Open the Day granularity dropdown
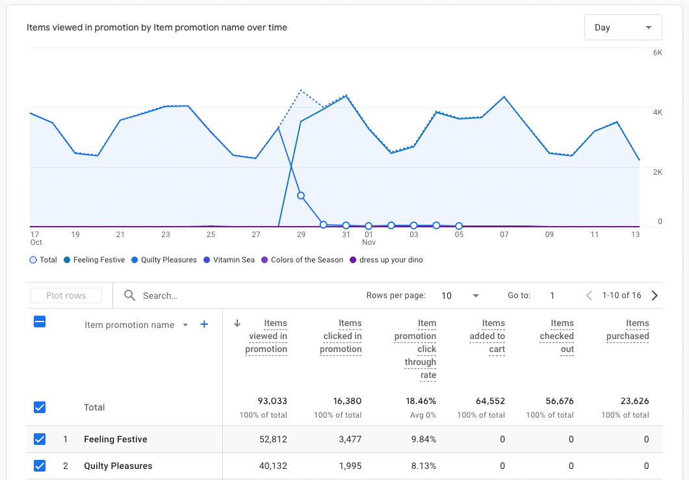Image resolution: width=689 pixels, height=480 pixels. tap(623, 27)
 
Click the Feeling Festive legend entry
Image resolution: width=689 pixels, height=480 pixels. tap(98, 260)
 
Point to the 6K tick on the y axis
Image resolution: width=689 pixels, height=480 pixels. tap(657, 53)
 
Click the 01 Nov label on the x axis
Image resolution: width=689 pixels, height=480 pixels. tap(369, 238)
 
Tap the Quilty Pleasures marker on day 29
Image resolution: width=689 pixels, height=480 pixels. tap(301, 196)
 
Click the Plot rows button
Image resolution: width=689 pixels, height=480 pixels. tap(66, 296)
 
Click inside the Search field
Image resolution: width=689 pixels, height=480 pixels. tap(247, 296)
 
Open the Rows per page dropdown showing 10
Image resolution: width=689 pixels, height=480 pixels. tap(460, 296)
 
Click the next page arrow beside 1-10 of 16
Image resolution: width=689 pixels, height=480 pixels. tap(655, 296)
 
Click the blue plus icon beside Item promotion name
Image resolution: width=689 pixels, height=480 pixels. tap(204, 325)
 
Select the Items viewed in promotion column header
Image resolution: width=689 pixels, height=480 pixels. tap(266, 336)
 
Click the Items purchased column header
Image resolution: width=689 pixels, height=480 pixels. tap(627, 329)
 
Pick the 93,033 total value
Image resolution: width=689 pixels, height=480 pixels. tap(272, 401)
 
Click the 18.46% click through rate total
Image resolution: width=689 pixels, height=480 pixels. tap(420, 401)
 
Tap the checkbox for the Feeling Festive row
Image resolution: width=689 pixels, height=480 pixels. tap(40, 439)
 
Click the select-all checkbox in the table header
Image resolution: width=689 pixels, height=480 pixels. tap(40, 322)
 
